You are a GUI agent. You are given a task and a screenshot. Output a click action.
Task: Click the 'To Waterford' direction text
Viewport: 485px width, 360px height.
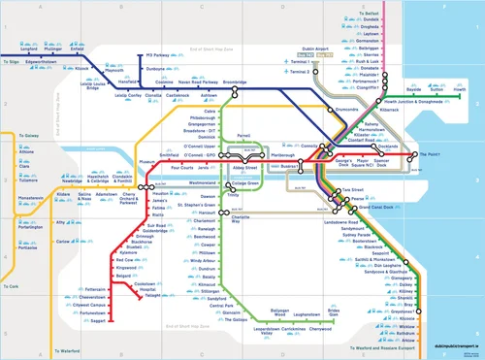[65, 350]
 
